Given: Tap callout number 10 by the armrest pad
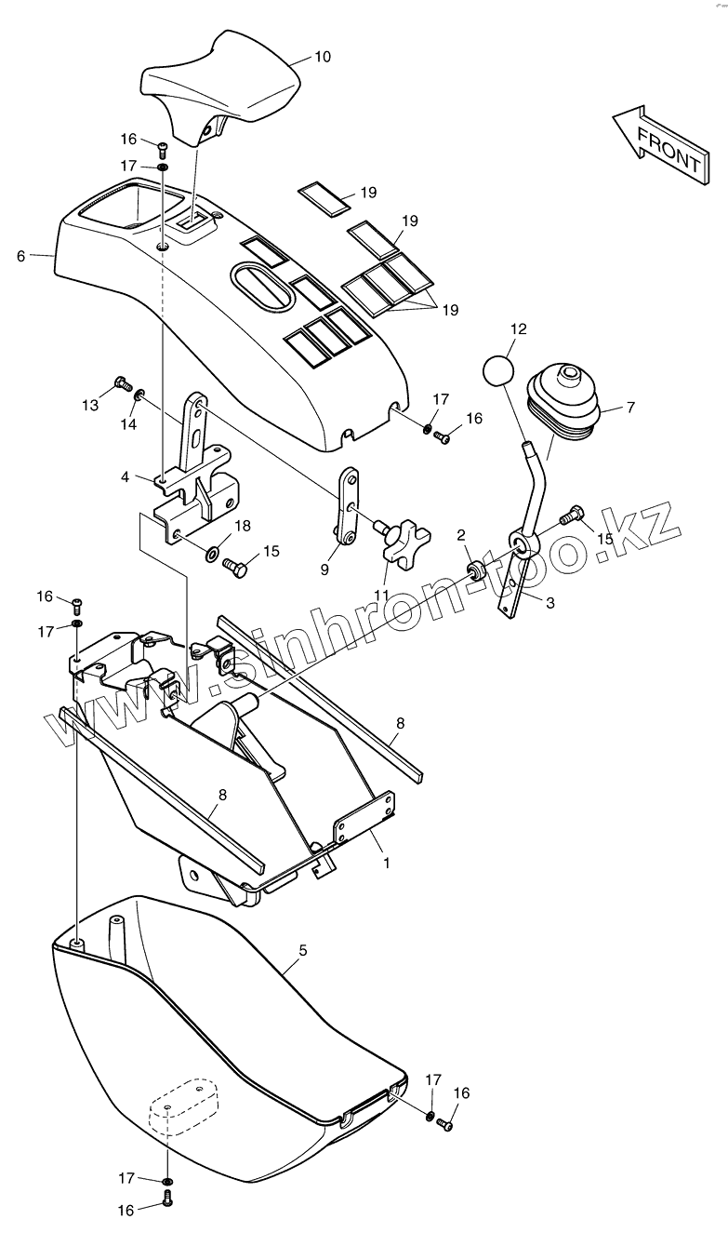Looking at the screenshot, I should pyautogui.click(x=322, y=57).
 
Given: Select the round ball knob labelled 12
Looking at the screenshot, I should pyautogui.click(x=498, y=369).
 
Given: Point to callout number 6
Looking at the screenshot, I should pyautogui.click(x=21, y=255).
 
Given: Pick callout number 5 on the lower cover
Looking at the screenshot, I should pyautogui.click(x=302, y=950).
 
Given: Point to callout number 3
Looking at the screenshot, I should pyautogui.click(x=549, y=602).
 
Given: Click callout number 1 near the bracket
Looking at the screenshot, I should pyautogui.click(x=386, y=863).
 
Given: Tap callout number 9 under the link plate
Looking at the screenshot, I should pyautogui.click(x=324, y=569).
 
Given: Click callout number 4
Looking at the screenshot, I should pyautogui.click(x=125, y=477).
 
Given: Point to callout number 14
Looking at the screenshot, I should pyautogui.click(x=128, y=423).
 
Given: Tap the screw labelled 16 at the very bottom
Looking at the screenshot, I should pyautogui.click(x=167, y=1200).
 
